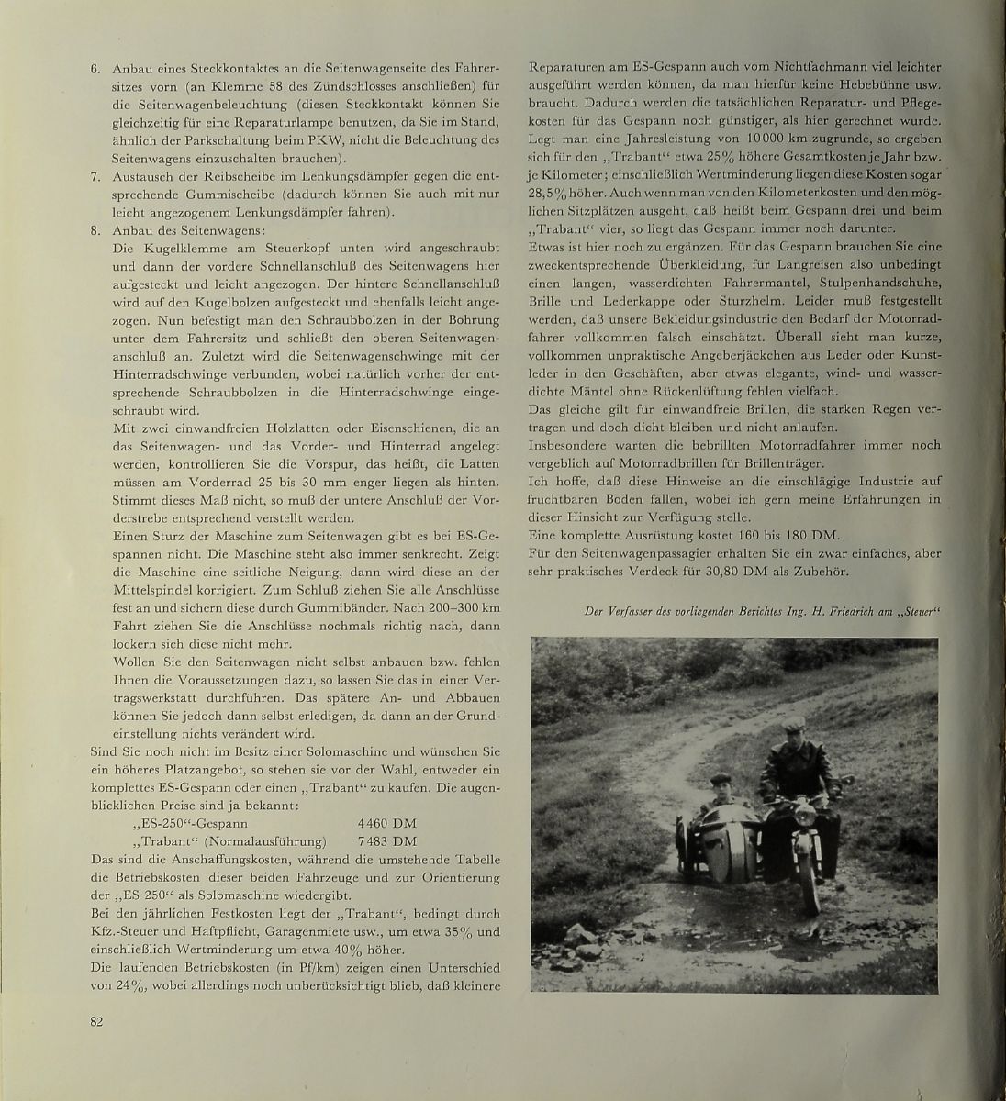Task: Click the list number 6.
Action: point(95,69)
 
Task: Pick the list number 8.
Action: point(95,231)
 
